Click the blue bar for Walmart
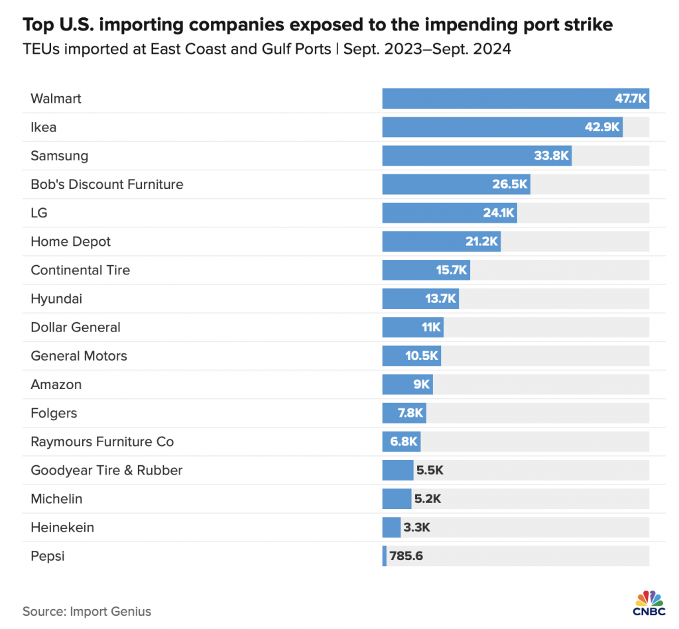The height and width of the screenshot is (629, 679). click(x=497, y=99)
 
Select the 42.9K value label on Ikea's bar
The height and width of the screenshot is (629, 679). click(x=602, y=127)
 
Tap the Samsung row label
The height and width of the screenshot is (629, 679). click(x=59, y=156)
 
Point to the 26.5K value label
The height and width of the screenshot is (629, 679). click(x=509, y=184)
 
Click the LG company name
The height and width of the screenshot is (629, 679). click(x=39, y=213)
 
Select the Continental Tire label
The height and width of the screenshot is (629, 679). click(x=80, y=270)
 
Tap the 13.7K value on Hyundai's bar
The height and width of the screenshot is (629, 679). click(x=440, y=299)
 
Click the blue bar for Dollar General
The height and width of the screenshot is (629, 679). click(x=404, y=327)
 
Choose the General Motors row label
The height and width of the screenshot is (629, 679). click(x=78, y=356)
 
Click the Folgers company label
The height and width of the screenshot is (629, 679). click(x=54, y=413)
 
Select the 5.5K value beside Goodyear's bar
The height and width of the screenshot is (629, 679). click(x=429, y=471)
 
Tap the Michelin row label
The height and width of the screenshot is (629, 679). click(x=56, y=499)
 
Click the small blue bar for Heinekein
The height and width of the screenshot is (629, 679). click(x=391, y=528)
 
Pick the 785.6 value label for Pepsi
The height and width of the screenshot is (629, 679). click(x=406, y=556)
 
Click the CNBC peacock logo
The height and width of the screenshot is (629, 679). click(x=649, y=600)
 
